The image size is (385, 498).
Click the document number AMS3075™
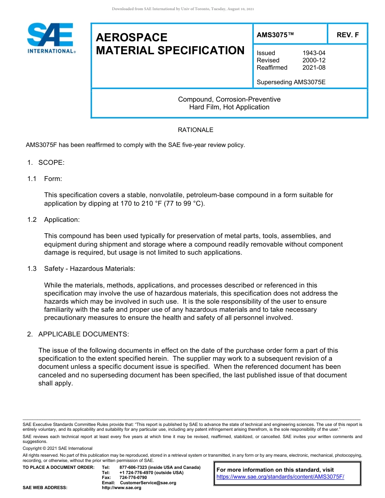pyautogui.click(x=275, y=35)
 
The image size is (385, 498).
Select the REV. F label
pyautogui.click(x=347, y=35)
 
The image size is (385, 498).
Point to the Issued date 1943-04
pyautogui.click(x=314, y=53)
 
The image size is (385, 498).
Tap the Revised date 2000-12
pyautogui.click(x=314, y=60)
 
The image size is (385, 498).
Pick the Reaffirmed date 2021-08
pyautogui.click(x=314, y=68)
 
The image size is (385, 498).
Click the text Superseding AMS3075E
pyautogui.click(x=291, y=82)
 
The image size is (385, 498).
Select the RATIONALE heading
pyautogui.click(x=195, y=130)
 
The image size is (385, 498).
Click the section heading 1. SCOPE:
pyautogui.click(x=46, y=162)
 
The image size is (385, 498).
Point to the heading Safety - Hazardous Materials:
pyautogui.click(x=90, y=268)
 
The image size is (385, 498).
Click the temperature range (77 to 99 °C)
pyautogui.click(x=184, y=203)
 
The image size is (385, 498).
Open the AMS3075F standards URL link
pyautogui.click(x=280, y=477)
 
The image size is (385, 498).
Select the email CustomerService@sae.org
pyautogui.click(x=148, y=483)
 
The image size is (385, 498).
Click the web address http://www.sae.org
pyautogui.click(x=121, y=487)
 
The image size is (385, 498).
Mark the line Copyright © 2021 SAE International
pyautogui.click(x=58, y=448)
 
